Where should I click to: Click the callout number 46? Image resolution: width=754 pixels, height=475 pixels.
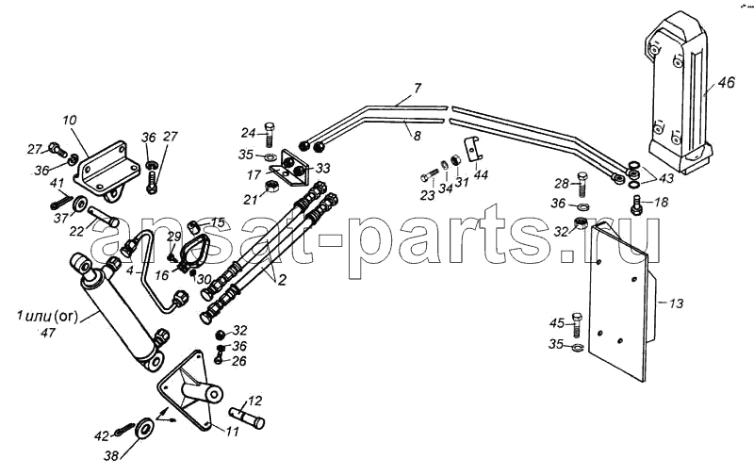[727, 83]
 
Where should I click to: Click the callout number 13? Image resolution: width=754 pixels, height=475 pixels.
[676, 303]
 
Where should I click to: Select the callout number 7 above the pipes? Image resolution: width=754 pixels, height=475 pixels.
[417, 88]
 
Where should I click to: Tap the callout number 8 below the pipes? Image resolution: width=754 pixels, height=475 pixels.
[417, 136]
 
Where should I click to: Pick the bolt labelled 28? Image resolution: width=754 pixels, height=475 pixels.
[581, 183]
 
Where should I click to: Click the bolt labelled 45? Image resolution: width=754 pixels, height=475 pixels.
[577, 324]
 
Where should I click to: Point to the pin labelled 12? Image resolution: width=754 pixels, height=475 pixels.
[247, 418]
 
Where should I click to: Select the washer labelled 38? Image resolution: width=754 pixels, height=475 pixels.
[144, 428]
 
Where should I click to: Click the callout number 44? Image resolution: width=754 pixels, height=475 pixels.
[481, 174]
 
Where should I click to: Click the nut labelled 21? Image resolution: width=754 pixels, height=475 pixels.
[270, 185]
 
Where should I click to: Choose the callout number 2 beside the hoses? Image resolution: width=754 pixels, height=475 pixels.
[282, 279]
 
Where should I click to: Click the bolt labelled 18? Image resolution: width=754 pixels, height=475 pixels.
[637, 205]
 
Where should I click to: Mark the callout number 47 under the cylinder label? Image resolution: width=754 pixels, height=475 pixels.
[48, 332]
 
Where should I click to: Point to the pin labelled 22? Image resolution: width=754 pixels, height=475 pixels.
[103, 216]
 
